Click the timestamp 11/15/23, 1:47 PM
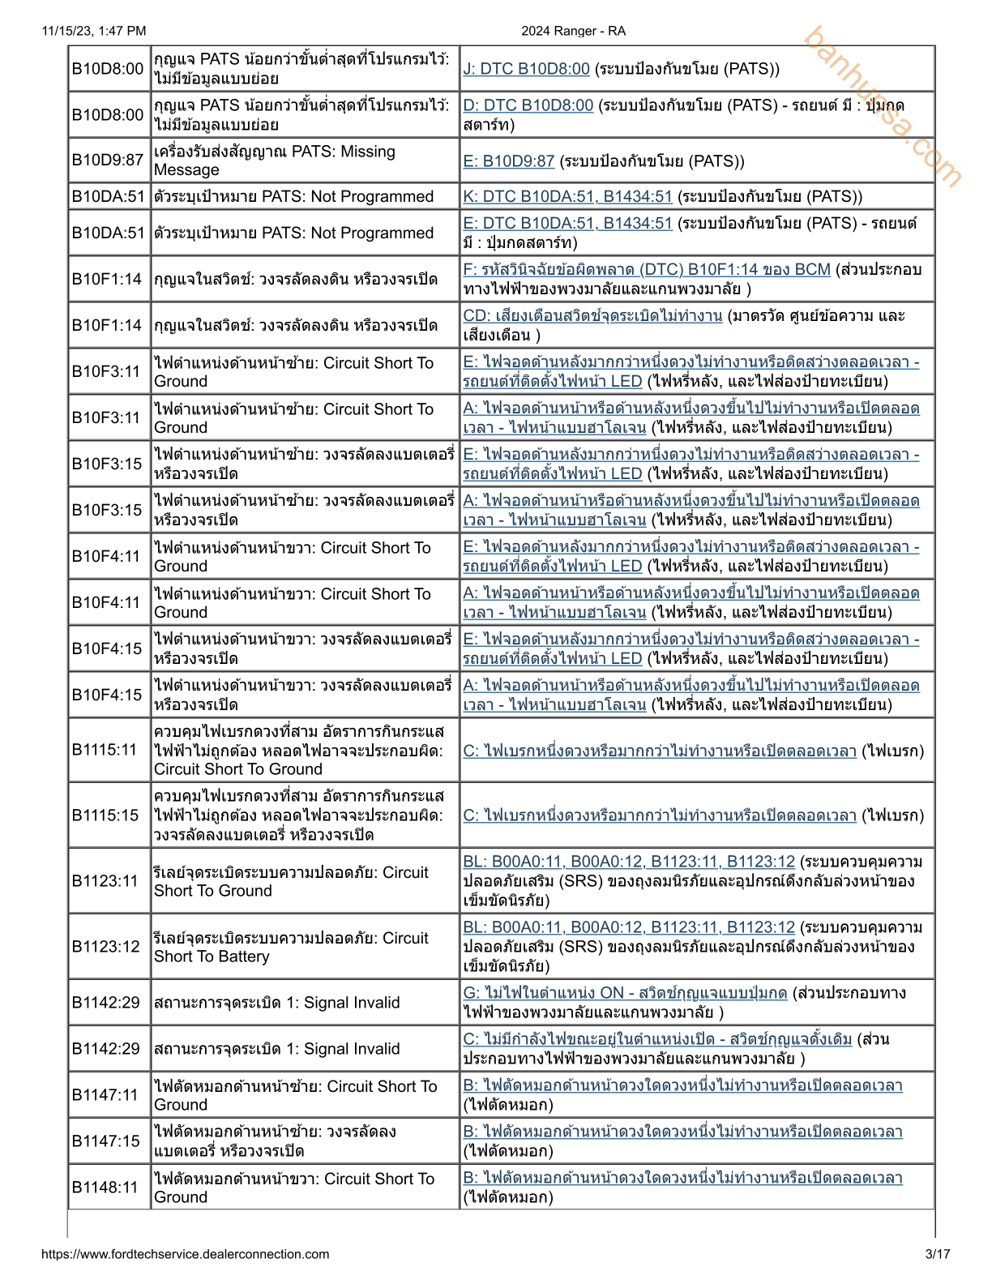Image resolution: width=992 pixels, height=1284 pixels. (94, 31)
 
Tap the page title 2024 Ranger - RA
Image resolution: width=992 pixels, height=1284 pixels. (573, 31)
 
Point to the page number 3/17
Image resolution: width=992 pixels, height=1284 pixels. (937, 1254)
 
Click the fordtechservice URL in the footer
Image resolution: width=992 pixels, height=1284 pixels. (185, 1254)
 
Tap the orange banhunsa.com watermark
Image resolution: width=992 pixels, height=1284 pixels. (883, 106)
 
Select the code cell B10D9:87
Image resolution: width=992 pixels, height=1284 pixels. (108, 160)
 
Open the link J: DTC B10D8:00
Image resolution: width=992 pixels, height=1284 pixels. (526, 69)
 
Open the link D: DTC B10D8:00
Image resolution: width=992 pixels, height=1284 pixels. (528, 105)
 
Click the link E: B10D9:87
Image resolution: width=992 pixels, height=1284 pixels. (508, 160)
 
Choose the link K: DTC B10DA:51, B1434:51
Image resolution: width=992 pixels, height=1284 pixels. (567, 196)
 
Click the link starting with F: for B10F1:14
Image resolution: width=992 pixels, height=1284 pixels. (647, 269)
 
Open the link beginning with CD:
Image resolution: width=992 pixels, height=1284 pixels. (592, 315)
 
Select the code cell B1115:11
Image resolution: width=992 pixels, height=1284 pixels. (105, 750)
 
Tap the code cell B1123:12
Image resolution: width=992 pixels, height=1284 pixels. (106, 946)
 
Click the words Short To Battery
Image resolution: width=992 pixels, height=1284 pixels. (212, 957)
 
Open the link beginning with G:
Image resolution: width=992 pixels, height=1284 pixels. (625, 992)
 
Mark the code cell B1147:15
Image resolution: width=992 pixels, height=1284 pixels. (106, 1141)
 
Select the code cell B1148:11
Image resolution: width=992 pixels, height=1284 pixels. (106, 1187)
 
